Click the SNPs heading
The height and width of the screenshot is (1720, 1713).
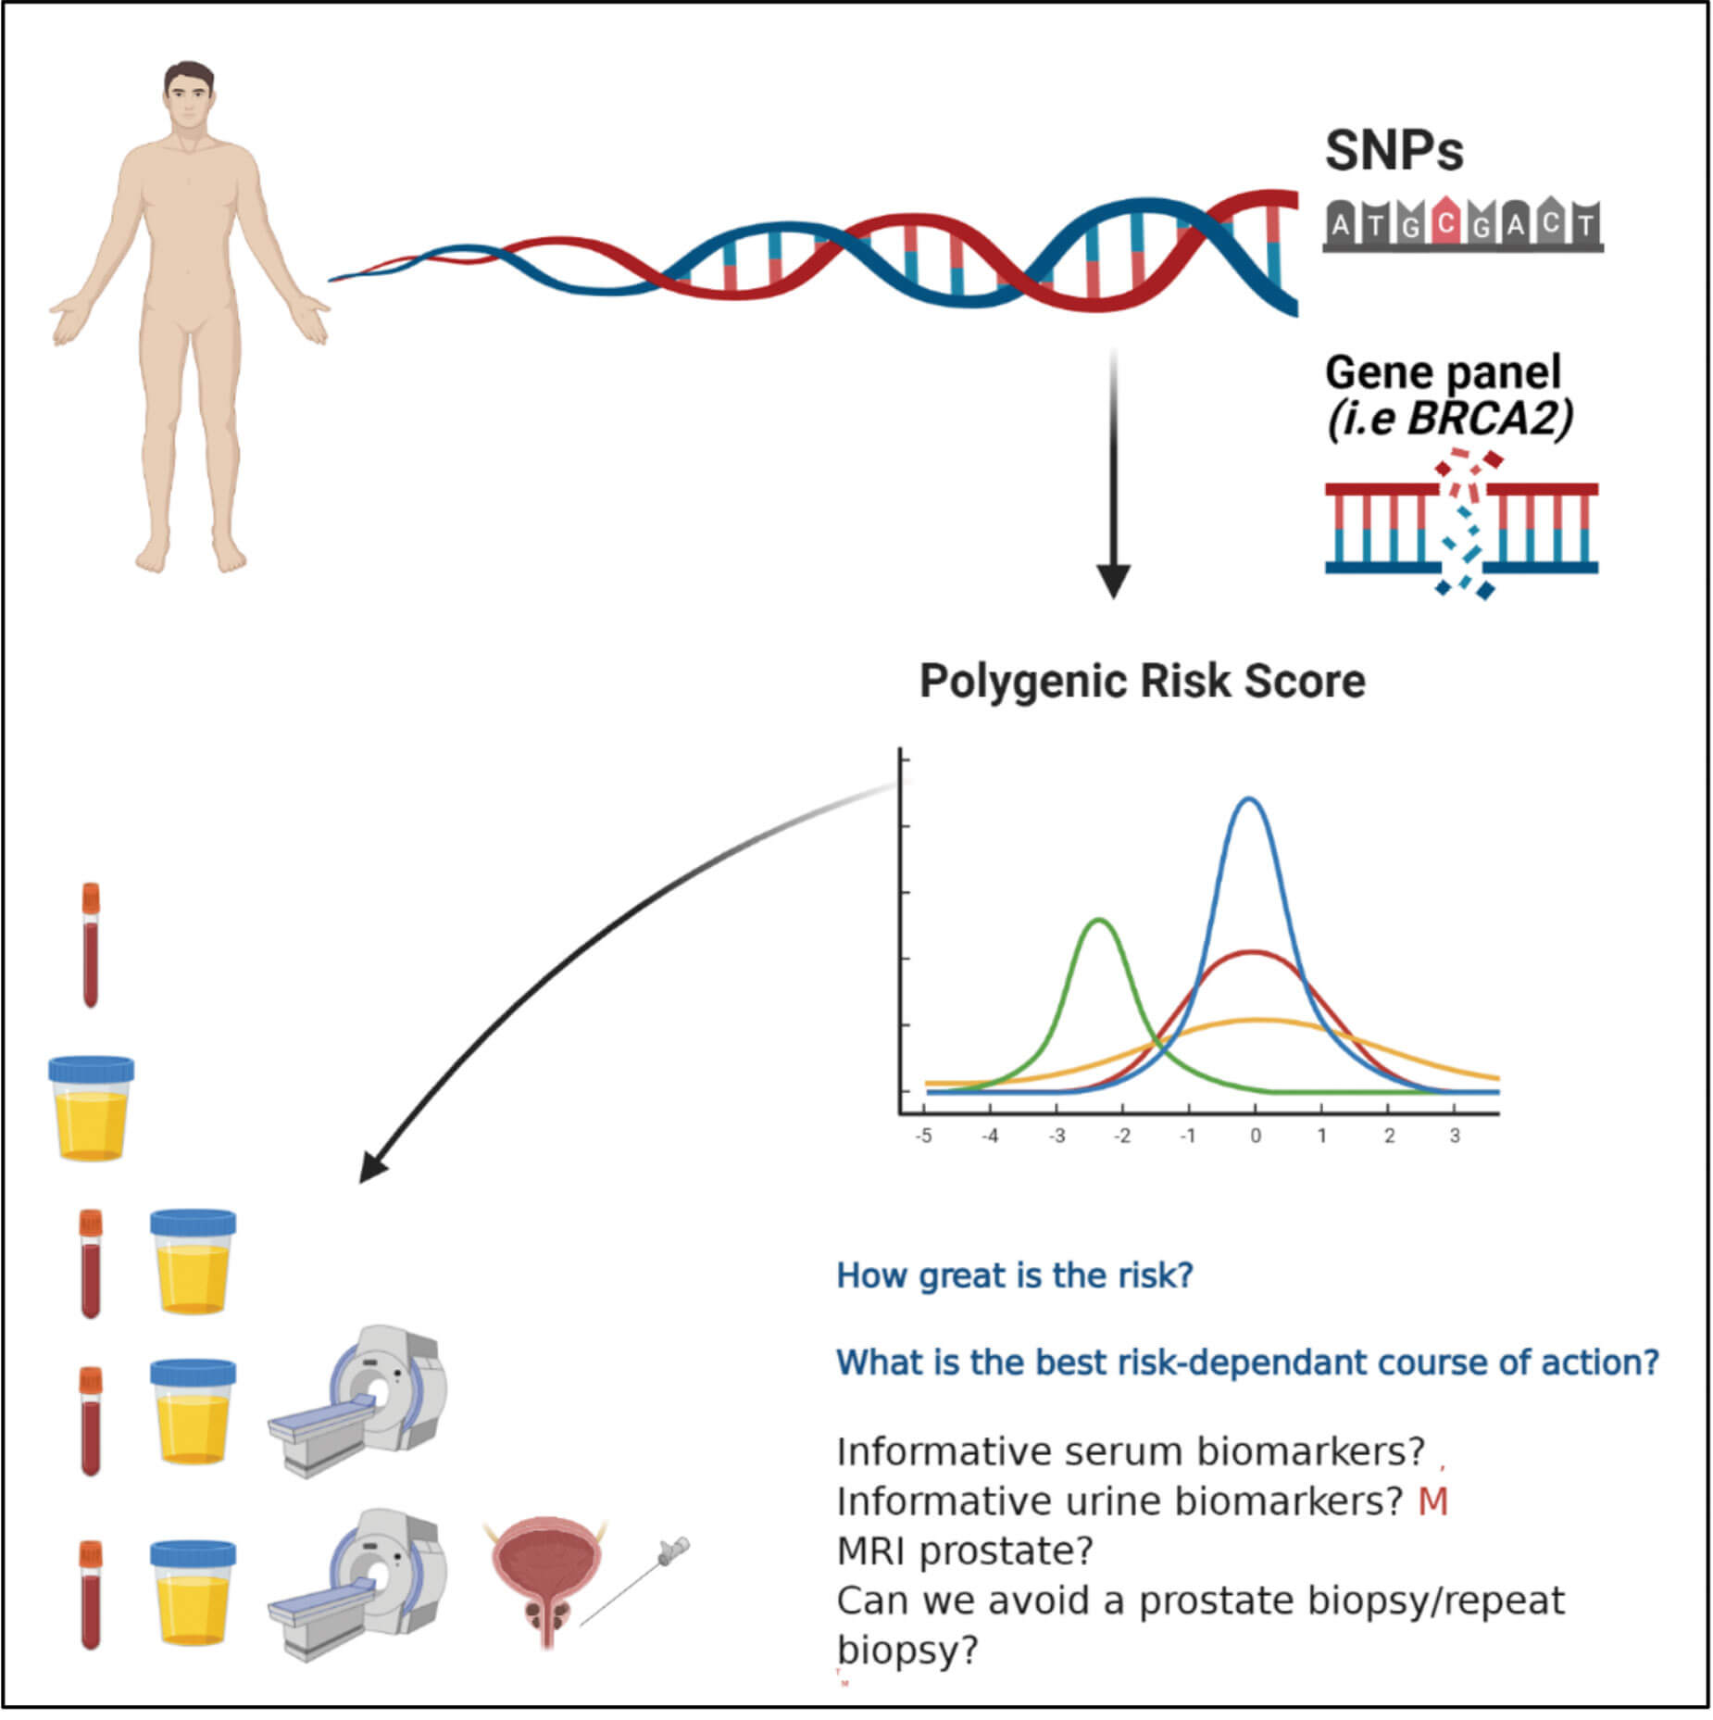(1393, 151)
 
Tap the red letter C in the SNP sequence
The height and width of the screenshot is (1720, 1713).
(1445, 223)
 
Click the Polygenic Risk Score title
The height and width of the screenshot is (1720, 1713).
(1142, 681)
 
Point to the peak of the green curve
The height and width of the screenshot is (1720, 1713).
(1098, 920)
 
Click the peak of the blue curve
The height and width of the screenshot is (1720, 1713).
(1250, 798)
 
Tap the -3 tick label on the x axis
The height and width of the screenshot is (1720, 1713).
(1056, 1136)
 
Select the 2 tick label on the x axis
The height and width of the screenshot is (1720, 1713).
(1389, 1136)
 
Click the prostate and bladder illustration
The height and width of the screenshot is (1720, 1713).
(546, 1579)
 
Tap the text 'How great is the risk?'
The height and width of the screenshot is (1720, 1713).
(1014, 1275)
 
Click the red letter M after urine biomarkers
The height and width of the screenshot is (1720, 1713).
(1432, 1501)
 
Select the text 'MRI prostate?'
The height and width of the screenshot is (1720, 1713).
(965, 1551)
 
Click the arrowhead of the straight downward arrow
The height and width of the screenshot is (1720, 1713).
(1113, 581)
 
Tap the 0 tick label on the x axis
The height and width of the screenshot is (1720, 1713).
(1256, 1136)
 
